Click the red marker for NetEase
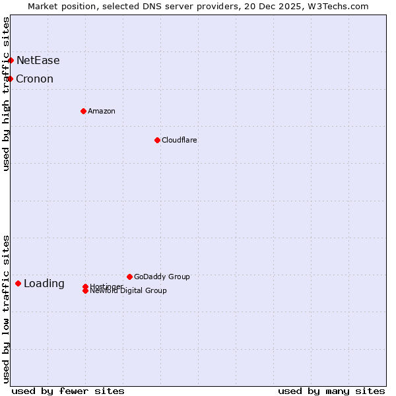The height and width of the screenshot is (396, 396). pyautogui.click(x=11, y=60)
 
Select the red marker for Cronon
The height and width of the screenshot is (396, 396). pyautogui.click(x=10, y=79)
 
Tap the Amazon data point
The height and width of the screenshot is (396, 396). pyautogui.click(x=83, y=111)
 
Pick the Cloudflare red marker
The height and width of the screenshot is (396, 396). pyautogui.click(x=157, y=140)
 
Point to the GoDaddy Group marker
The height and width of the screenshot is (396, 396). pyautogui.click(x=129, y=277)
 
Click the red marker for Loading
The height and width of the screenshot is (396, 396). pyautogui.click(x=18, y=283)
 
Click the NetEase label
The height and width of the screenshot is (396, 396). pyautogui.click(x=38, y=61)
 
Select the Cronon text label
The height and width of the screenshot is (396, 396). pyautogui.click(x=34, y=79)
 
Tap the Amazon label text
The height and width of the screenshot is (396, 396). pyautogui.click(x=102, y=111)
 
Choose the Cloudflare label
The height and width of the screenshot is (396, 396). pyautogui.click(x=180, y=140)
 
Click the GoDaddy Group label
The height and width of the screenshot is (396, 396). pyautogui.click(x=162, y=277)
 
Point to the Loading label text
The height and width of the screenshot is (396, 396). pyautogui.click(x=44, y=284)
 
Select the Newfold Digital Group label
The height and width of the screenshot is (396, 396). pyautogui.click(x=129, y=291)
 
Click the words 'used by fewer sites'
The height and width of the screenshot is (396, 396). pyautogui.click(x=68, y=391)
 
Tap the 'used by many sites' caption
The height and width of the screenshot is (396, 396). pyautogui.click(x=331, y=391)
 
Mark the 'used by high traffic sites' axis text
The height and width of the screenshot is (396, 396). pyautogui.click(x=6, y=94)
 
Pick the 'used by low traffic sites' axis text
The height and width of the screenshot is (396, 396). pyautogui.click(x=6, y=309)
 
